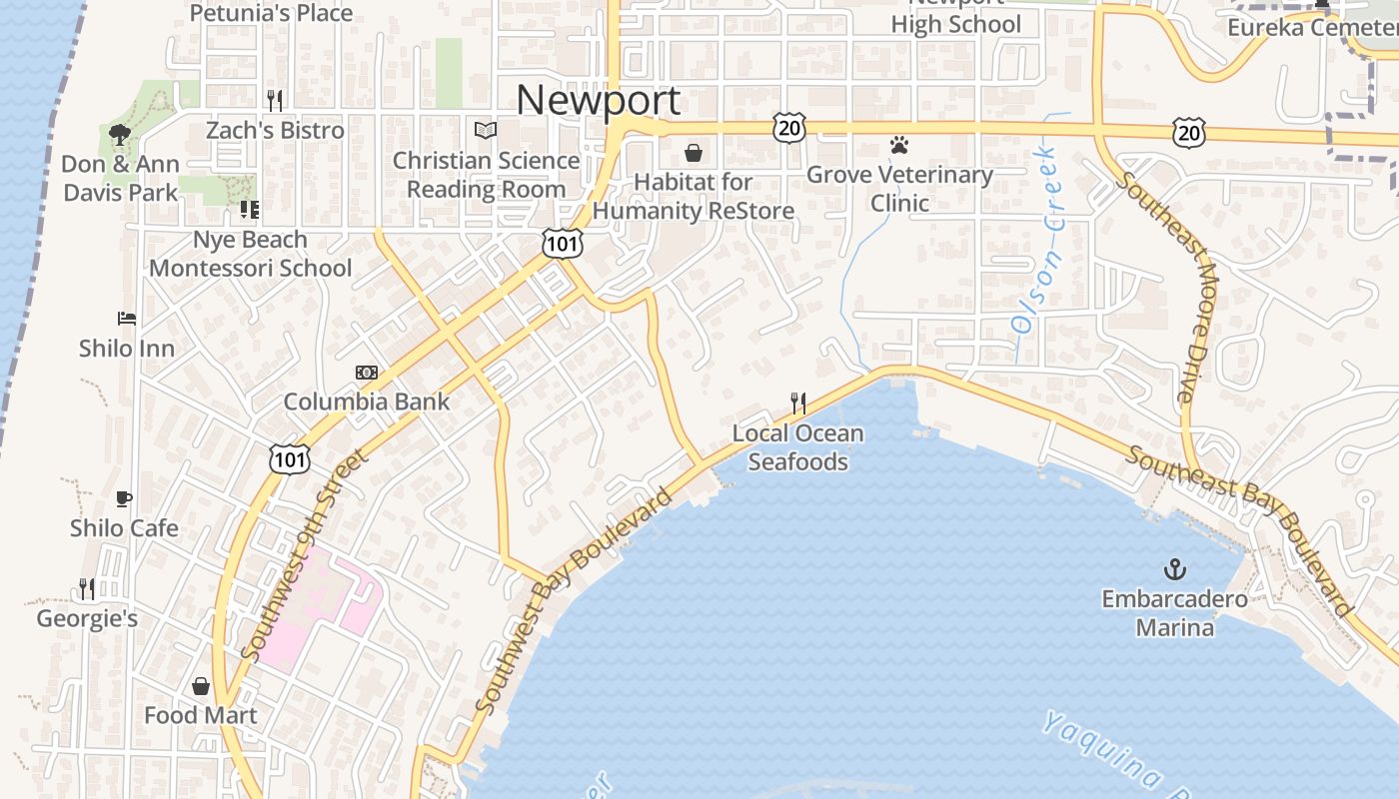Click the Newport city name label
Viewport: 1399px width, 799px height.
click(598, 100)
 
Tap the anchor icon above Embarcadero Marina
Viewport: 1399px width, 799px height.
click(1175, 570)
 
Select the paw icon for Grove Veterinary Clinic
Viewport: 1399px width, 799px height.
click(899, 146)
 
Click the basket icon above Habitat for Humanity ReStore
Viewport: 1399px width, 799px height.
click(693, 153)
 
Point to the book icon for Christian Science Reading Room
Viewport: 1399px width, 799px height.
click(486, 131)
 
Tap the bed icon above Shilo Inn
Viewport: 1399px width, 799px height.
click(127, 320)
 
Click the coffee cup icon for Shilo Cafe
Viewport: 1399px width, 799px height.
click(124, 498)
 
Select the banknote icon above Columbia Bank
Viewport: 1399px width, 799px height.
click(367, 373)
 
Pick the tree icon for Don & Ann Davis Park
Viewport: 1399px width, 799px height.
click(120, 134)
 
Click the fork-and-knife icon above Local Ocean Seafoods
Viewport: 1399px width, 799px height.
click(797, 403)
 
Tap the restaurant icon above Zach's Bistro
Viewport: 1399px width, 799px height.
click(275, 100)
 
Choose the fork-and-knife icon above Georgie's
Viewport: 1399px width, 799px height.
click(87, 589)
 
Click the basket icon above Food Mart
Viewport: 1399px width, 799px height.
click(201, 686)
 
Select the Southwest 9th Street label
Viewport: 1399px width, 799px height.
click(305, 555)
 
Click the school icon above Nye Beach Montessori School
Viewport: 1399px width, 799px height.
click(249, 210)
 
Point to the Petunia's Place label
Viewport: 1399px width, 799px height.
click(271, 13)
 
